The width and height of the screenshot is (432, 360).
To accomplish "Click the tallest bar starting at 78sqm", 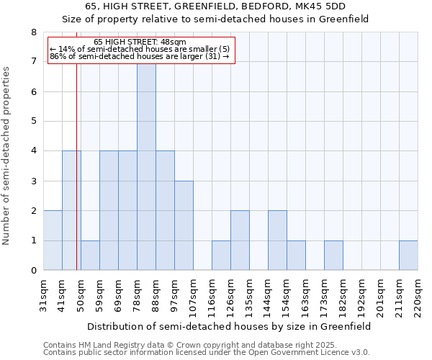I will pos(146,167).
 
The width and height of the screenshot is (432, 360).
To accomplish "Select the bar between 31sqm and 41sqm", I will pos(53,240).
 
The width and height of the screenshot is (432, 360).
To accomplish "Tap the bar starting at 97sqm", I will pos(184,225).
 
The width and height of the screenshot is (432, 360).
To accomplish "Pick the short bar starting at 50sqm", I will pos(90,256).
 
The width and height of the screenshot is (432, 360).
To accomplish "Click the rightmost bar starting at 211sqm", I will pos(408,256).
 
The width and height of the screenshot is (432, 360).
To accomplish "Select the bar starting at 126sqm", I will pos(240,240).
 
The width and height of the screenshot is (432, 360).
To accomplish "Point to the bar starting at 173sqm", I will pos(333,256).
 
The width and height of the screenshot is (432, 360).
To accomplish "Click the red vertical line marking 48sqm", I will pos(76,180).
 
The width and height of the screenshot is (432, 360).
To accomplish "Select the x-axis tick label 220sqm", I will pos(418,294).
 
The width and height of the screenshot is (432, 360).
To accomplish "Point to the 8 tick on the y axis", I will pos(33,32).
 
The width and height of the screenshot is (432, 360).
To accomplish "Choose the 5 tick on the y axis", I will pos(33,122).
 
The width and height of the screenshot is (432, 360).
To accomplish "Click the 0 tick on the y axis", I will pos(33,271).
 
